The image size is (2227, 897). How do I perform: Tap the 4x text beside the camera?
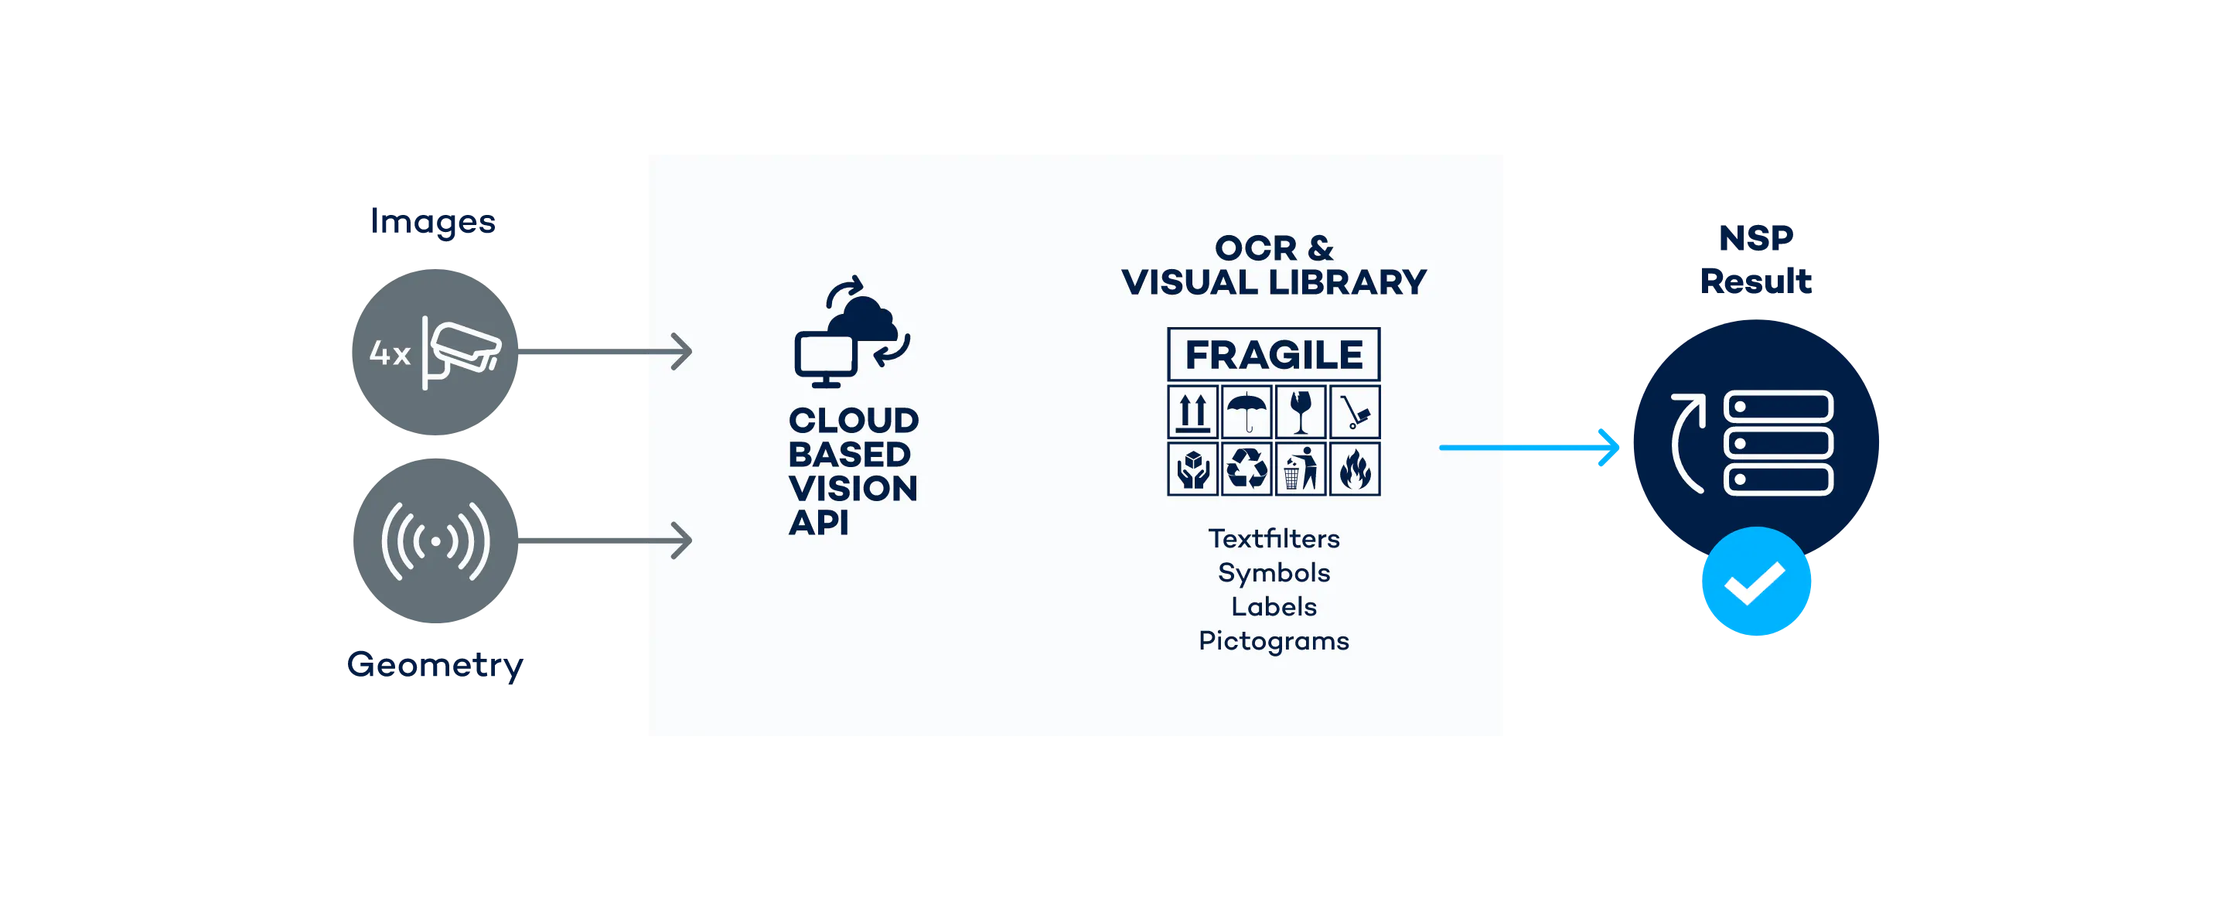click(x=389, y=353)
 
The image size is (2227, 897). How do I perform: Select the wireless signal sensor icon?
click(x=435, y=541)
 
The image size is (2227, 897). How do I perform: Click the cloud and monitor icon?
click(x=851, y=333)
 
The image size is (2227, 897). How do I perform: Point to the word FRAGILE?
click(x=1274, y=354)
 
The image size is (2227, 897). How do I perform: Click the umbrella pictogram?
click(x=1247, y=412)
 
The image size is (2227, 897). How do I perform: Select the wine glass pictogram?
click(x=1300, y=412)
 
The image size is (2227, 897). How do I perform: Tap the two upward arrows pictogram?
click(x=1193, y=412)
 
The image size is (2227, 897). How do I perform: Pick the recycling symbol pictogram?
click(x=1247, y=469)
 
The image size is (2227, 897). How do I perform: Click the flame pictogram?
click(x=1355, y=469)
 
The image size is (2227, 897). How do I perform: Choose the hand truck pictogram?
click(x=1355, y=412)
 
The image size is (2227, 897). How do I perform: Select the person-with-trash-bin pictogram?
click(x=1300, y=469)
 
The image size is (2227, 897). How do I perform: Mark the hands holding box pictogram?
click(x=1193, y=469)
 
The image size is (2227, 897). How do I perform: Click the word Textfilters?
click(x=1274, y=538)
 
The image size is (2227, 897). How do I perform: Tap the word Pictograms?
click(x=1274, y=640)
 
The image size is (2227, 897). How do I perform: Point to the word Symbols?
click(x=1274, y=572)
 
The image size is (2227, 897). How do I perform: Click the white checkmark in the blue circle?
click(x=1756, y=582)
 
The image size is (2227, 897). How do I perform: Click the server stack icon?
click(x=1778, y=442)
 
